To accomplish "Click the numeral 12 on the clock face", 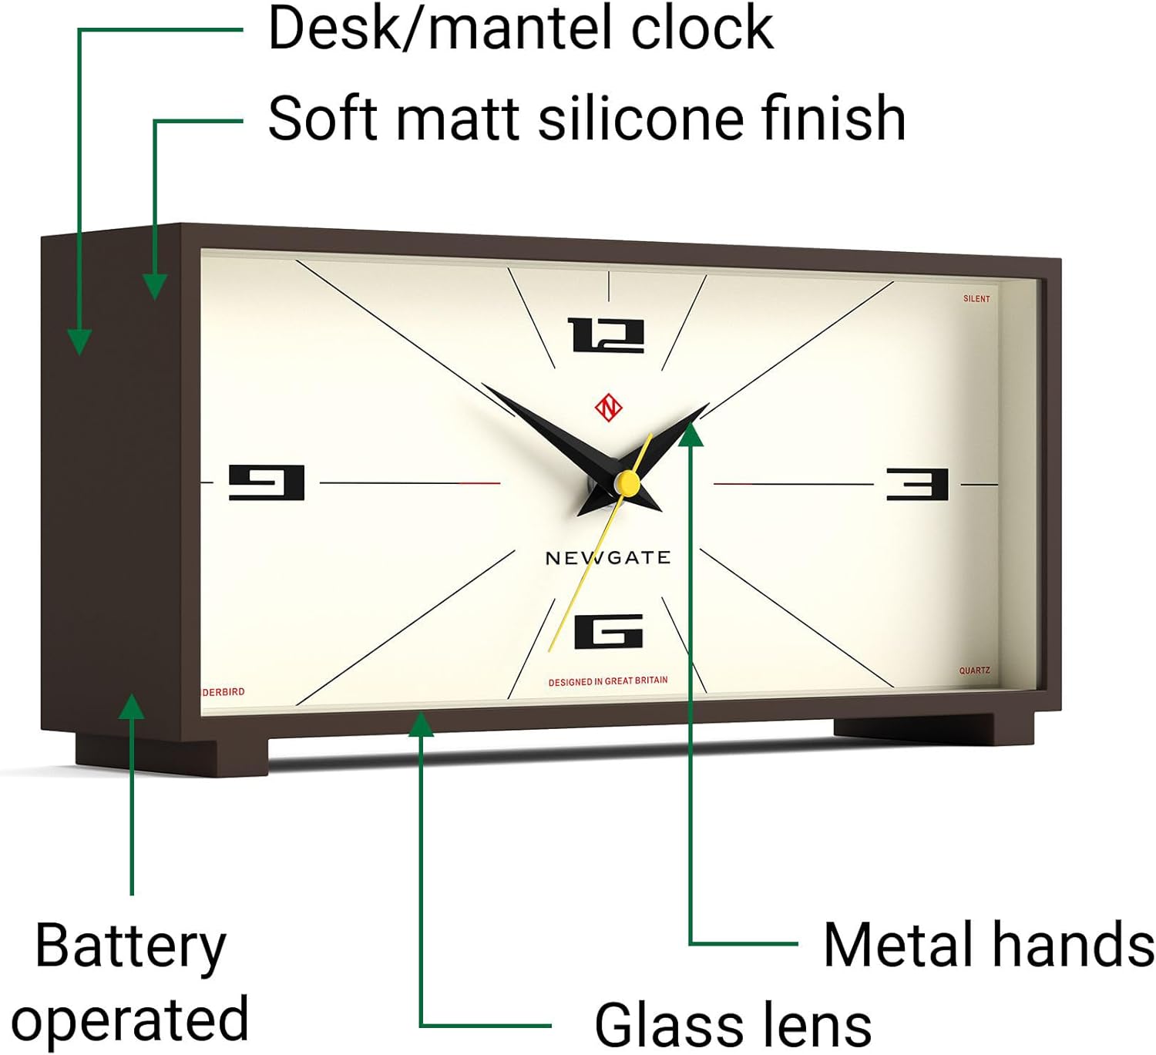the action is click(606, 334).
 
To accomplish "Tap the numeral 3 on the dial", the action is click(917, 484).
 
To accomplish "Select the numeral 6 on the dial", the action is click(609, 630).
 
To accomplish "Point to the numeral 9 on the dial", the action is click(266, 482).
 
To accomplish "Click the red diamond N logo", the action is click(608, 408).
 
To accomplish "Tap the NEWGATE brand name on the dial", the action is click(608, 557).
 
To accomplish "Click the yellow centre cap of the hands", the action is click(627, 482).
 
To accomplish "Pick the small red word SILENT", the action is click(976, 299).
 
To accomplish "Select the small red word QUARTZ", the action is click(974, 670).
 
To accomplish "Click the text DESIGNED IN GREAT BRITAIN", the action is click(608, 680).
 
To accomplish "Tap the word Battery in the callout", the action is click(130, 947).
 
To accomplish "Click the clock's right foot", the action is click(933, 729).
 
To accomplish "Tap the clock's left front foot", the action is click(172, 755).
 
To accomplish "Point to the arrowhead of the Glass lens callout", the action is click(421, 724).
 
